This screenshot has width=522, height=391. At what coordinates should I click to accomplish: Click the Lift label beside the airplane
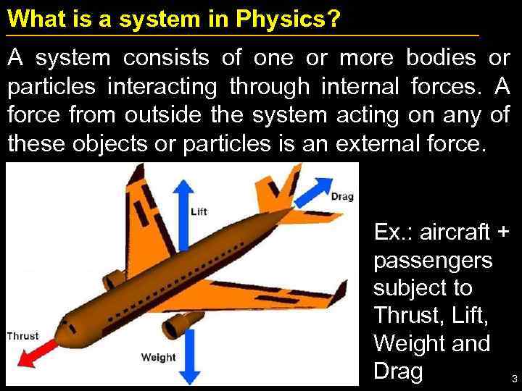(x=198, y=211)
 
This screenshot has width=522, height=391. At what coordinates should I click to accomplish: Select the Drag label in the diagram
(x=342, y=196)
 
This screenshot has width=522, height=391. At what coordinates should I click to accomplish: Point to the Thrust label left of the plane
(x=22, y=335)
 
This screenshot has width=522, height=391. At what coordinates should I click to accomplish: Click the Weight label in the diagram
(x=158, y=357)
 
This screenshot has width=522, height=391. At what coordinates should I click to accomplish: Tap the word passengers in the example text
(x=432, y=259)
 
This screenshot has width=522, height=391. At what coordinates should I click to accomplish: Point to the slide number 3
(x=514, y=379)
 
